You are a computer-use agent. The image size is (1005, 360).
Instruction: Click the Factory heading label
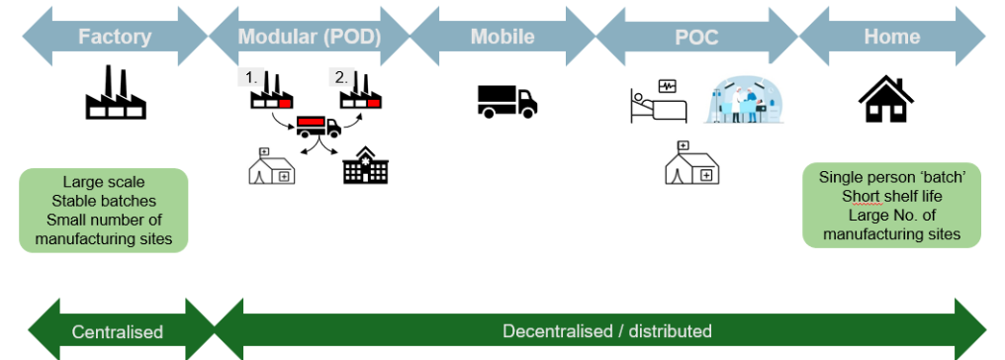tap(116, 38)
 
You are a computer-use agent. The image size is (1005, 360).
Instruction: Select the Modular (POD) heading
tap(310, 38)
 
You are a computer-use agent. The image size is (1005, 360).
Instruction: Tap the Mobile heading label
tap(502, 38)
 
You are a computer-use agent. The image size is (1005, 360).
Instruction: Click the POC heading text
tap(696, 38)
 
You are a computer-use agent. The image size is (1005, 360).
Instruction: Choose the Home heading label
tap(891, 38)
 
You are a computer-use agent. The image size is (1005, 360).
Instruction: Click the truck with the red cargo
tap(319, 127)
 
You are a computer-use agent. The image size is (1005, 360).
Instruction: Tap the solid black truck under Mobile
tap(506, 101)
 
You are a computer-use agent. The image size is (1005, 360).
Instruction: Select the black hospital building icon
tap(365, 165)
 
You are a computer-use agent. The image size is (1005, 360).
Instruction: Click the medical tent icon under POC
tap(691, 163)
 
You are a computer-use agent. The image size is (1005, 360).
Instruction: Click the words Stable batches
tap(104, 201)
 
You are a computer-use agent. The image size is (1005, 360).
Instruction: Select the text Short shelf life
tap(891, 196)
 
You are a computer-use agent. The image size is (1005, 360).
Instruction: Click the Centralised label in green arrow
tap(117, 331)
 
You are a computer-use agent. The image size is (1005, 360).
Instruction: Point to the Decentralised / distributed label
tap(606, 330)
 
